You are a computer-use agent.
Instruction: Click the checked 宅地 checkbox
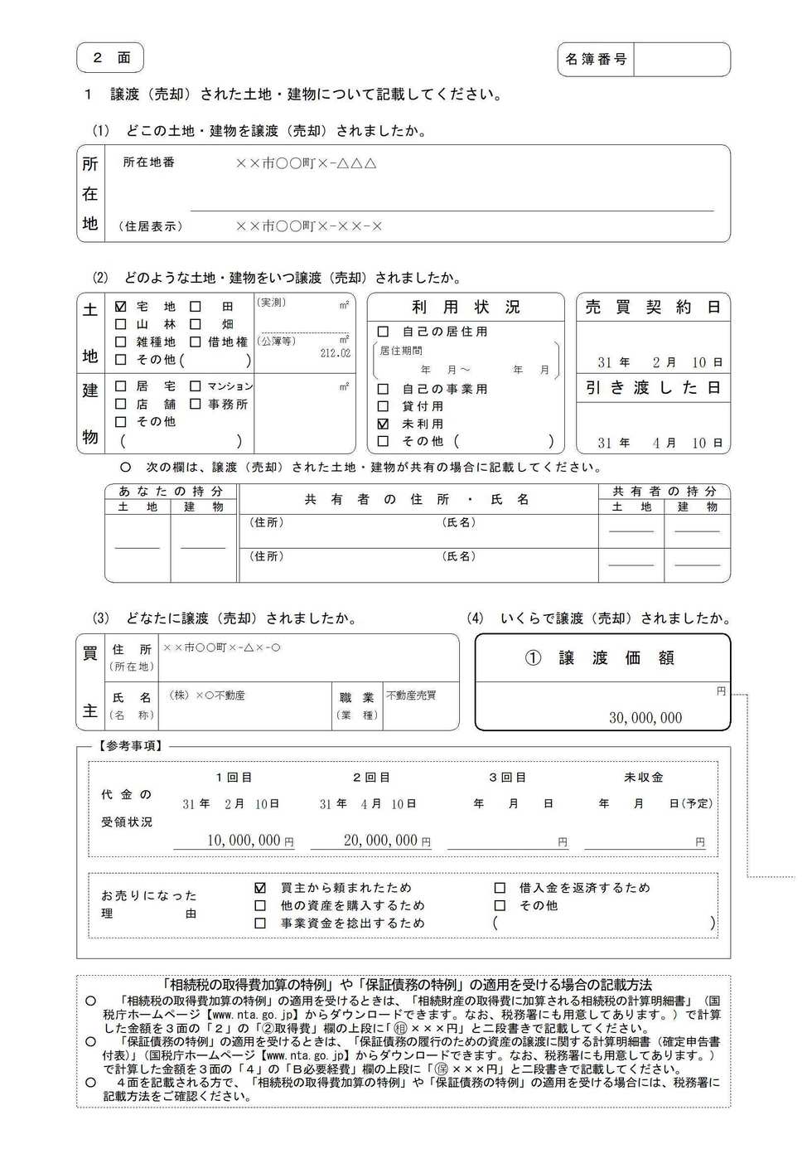(x=121, y=306)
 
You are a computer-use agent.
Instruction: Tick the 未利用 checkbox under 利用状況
(x=383, y=424)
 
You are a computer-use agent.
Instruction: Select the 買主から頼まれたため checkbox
(x=260, y=888)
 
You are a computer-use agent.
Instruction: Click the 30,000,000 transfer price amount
(x=645, y=718)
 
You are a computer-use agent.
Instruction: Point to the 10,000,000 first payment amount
(x=244, y=840)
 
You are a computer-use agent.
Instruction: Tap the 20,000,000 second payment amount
(x=380, y=840)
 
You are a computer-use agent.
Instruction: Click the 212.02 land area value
(x=335, y=353)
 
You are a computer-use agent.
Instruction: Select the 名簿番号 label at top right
(x=596, y=60)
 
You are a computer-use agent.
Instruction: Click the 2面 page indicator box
(x=110, y=58)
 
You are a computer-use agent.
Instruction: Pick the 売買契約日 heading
(x=653, y=308)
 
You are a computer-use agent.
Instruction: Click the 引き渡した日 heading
(x=653, y=388)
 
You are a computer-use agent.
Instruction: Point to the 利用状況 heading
(x=466, y=308)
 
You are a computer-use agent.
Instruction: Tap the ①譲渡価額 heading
(x=602, y=658)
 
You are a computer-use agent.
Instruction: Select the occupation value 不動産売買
(x=411, y=696)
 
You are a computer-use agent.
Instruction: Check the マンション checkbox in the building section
(x=196, y=386)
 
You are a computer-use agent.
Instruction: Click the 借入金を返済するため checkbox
(x=500, y=888)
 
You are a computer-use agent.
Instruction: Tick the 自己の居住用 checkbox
(x=383, y=332)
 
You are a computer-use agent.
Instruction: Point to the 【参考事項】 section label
(x=130, y=745)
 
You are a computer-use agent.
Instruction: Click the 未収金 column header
(x=643, y=778)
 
